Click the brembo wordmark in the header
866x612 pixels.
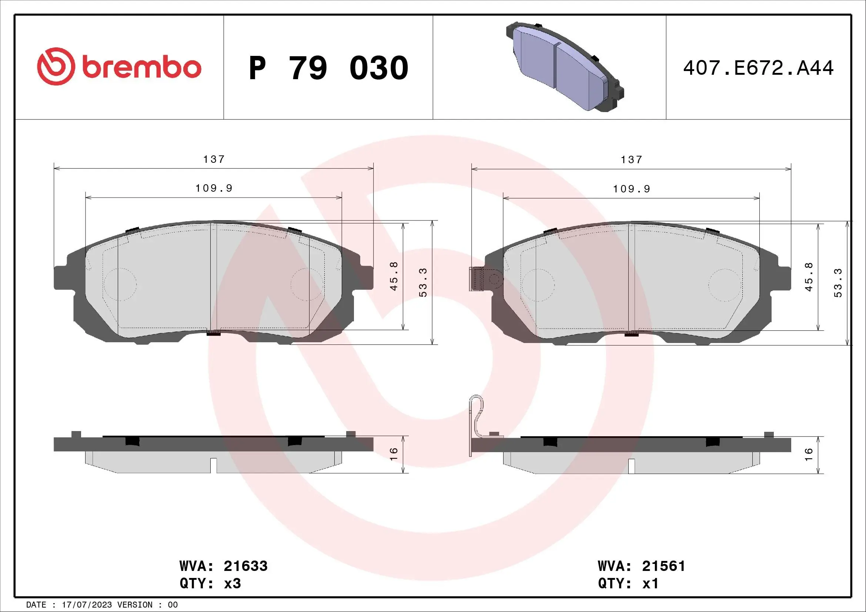click(141, 68)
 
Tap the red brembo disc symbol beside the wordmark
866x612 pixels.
click(54, 66)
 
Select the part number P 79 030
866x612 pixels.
click(328, 68)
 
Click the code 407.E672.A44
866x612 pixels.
click(758, 68)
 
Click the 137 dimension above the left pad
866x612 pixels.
click(214, 159)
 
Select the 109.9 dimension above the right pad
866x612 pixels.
click(631, 189)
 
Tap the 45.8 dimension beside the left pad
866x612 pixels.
click(394, 276)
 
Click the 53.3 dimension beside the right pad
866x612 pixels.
click(838, 283)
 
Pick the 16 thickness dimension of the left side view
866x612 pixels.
click(394, 454)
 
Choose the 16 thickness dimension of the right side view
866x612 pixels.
click(809, 454)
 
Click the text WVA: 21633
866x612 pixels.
click(223, 566)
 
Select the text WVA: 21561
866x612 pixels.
click(641, 566)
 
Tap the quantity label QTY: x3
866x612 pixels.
click(210, 584)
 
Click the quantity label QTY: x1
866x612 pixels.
click(628, 584)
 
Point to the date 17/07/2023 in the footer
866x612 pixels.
click(87, 605)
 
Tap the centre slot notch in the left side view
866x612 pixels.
click(214, 465)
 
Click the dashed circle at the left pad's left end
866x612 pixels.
click(120, 285)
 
